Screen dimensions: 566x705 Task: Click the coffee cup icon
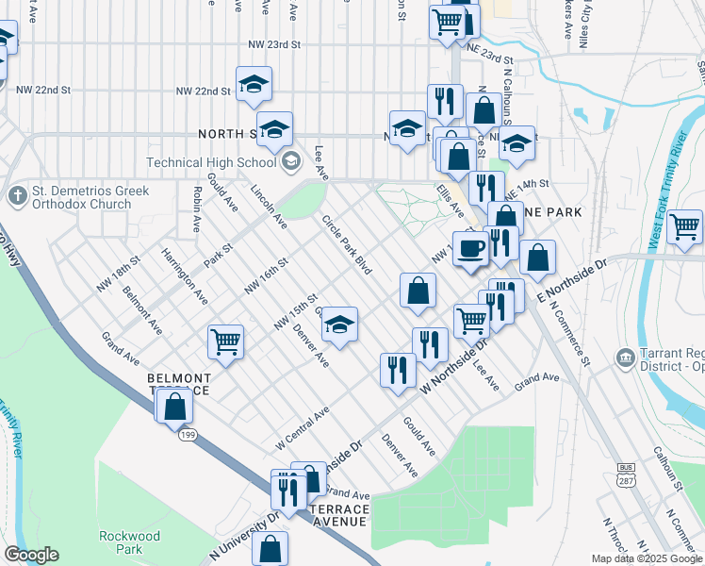[x=470, y=249]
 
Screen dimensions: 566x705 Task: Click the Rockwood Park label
[x=121, y=541]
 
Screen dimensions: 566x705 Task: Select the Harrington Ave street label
[x=185, y=275]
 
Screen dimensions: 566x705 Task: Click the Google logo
[x=31, y=555]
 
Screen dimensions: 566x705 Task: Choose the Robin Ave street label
[x=197, y=212]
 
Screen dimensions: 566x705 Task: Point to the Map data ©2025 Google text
[x=646, y=558]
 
